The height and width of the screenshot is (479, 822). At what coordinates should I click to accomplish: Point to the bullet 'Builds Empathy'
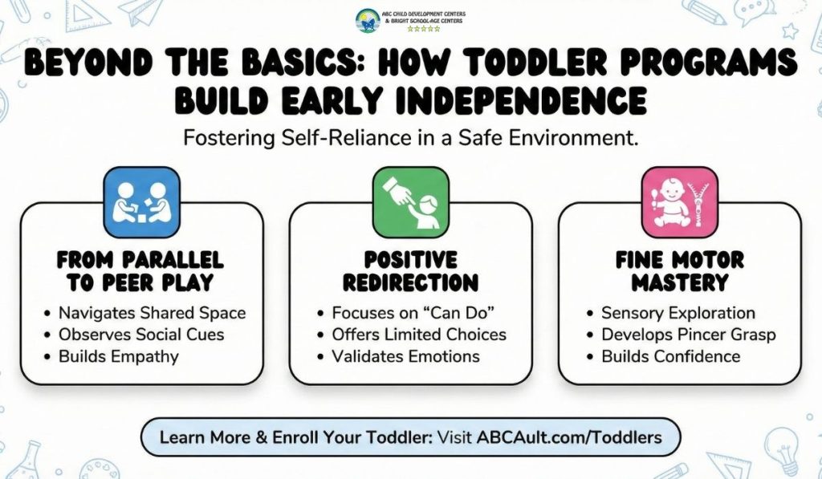[x=118, y=356]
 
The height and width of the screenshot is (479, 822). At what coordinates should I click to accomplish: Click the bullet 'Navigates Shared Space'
[x=152, y=313]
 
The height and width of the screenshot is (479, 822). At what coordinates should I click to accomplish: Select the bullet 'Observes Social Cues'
[x=141, y=335]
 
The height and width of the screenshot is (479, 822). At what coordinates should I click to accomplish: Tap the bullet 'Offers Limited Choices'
[x=419, y=335]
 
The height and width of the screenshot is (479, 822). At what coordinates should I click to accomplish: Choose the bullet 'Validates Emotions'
[x=405, y=356]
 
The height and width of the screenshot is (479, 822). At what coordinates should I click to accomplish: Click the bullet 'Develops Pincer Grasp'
[x=689, y=335]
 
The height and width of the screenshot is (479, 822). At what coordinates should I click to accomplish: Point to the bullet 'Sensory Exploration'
[x=678, y=313]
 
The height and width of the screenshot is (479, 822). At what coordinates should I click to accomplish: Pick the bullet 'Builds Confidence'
[x=670, y=356]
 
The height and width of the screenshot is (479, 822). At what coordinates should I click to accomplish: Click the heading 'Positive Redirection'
[x=410, y=271]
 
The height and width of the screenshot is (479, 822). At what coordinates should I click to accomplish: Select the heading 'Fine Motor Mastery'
[x=679, y=271]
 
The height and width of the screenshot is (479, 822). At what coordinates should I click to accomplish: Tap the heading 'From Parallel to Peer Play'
[x=141, y=271]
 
